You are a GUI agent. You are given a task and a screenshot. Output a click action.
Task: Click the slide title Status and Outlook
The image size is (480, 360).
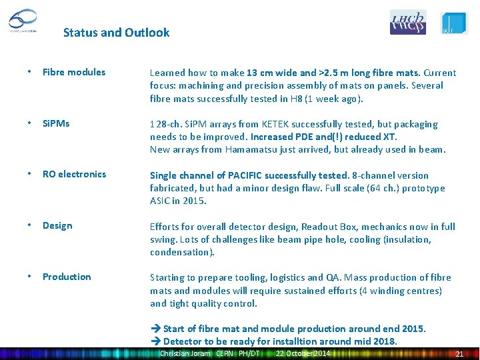[116, 32]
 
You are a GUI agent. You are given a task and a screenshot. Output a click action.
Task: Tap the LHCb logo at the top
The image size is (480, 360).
[407, 22]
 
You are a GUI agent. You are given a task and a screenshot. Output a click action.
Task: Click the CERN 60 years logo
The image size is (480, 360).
[23, 21]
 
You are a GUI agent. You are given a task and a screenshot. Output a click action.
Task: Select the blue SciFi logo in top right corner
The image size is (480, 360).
[455, 23]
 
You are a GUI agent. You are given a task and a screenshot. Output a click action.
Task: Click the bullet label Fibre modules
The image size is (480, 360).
[74, 72]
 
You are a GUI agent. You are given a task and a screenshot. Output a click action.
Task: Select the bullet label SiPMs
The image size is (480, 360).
[56, 123]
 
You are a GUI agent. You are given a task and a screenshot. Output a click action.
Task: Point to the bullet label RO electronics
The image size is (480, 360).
[74, 174]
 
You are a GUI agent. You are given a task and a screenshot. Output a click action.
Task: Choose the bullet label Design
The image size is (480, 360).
[57, 225]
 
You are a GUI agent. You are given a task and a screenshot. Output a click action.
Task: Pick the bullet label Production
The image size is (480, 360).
[67, 277]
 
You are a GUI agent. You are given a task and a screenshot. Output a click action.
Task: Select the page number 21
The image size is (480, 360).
[459, 353]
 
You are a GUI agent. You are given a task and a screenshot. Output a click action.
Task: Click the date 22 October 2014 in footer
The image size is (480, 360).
[303, 353]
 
